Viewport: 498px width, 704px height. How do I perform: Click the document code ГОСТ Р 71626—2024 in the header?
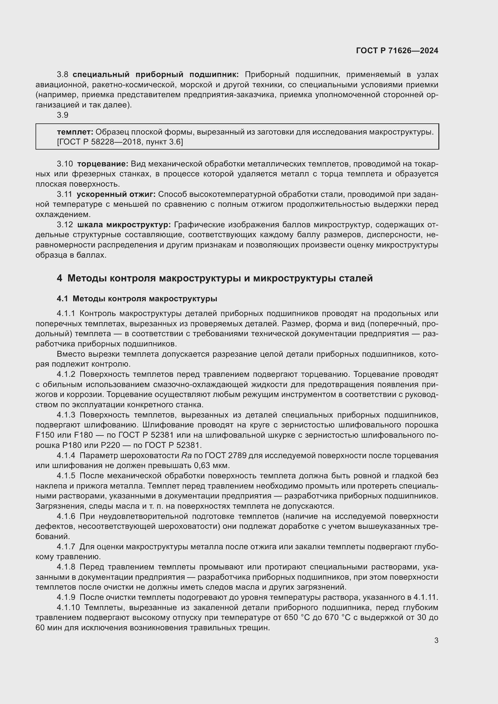tap(397, 51)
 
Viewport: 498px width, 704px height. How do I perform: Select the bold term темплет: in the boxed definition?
tap(75, 132)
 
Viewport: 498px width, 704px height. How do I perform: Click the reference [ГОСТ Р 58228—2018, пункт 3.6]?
tap(120, 142)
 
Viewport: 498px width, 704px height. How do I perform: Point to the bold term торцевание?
tap(102, 164)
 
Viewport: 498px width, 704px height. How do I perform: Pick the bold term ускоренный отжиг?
tap(116, 194)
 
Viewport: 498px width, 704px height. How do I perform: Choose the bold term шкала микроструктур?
tap(124, 225)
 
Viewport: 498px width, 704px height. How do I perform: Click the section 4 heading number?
tap(60, 278)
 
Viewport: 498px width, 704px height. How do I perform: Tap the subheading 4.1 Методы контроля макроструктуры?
tap(137, 299)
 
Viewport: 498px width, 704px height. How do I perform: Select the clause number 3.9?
tap(63, 115)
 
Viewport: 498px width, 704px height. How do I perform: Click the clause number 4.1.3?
tap(66, 415)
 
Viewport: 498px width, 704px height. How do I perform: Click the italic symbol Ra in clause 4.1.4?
tap(186, 455)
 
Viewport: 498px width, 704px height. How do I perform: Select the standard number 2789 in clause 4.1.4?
tap(237, 455)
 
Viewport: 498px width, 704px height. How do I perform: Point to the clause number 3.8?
tap(63, 75)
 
